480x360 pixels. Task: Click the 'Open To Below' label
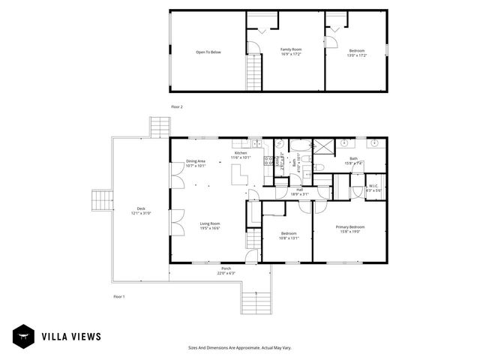tap(208, 52)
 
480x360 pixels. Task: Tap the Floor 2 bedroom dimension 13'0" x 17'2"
tap(356, 55)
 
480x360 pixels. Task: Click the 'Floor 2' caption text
tap(176, 106)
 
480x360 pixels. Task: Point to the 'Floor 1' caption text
tap(118, 296)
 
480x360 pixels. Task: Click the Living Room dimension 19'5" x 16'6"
tap(209, 228)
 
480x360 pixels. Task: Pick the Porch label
tap(226, 268)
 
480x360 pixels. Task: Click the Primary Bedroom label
tap(351, 226)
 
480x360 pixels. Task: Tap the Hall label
tap(299, 190)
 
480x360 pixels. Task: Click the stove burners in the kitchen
tap(267, 160)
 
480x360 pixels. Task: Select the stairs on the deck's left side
tap(101, 201)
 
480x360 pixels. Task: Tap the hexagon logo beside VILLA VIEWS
tap(22, 337)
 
